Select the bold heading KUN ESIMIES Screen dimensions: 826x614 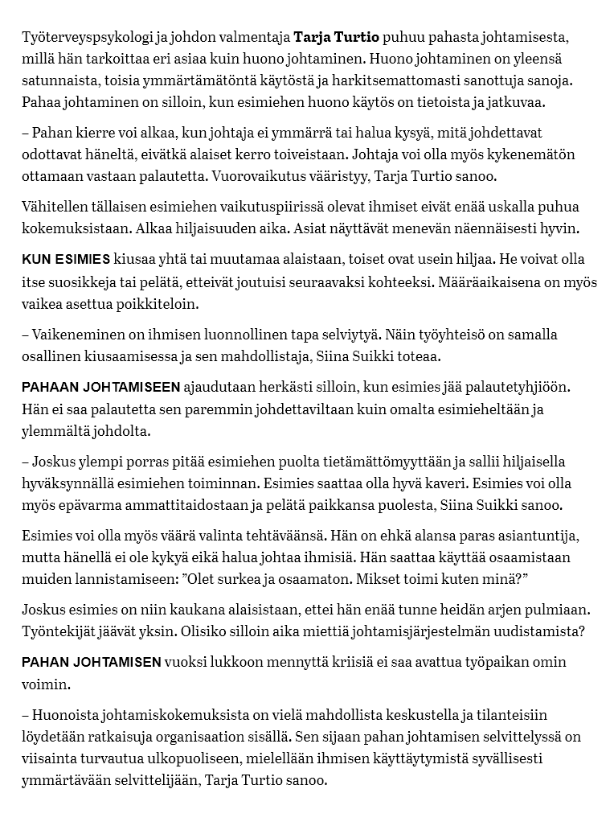tap(66, 260)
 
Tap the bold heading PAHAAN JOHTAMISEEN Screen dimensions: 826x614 tap(100, 387)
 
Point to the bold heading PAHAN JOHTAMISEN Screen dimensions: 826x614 tap(91, 662)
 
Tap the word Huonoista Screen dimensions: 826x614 tap(68, 714)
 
